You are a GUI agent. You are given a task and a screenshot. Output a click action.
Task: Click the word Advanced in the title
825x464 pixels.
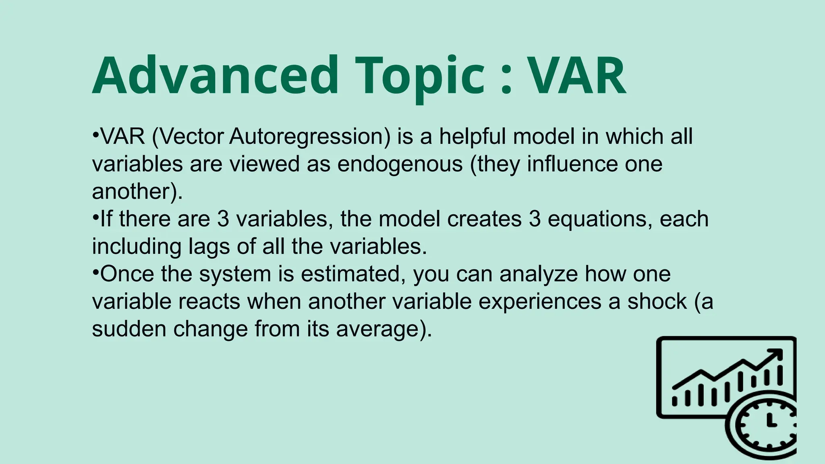point(215,76)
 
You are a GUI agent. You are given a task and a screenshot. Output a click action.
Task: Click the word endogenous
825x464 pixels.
point(400,164)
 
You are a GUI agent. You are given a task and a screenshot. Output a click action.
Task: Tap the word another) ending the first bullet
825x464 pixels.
point(137,192)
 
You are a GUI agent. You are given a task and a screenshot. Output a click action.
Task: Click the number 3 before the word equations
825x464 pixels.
point(535,219)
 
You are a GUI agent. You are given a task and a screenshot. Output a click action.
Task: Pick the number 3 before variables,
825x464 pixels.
point(223,219)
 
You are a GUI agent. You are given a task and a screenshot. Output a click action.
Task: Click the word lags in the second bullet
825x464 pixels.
point(209,246)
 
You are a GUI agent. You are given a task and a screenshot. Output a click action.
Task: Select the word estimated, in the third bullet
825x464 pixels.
point(353,274)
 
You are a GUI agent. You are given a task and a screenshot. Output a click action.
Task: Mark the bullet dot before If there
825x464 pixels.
point(95,216)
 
